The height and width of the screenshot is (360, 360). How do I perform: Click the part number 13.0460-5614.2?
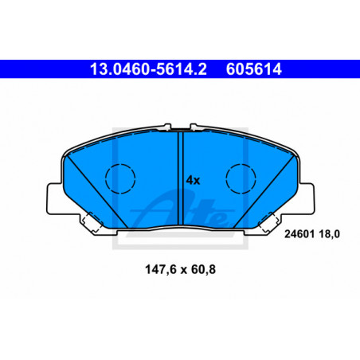coord(148,69)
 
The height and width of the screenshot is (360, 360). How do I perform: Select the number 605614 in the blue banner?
coord(254,69)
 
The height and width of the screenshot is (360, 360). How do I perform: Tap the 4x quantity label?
coord(193,180)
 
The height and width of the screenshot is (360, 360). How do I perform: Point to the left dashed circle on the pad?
coord(120,178)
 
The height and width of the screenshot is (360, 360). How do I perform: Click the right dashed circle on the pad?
coord(241,178)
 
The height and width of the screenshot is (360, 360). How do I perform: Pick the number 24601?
coord(299,234)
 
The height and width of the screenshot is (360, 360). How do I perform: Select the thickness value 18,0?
coord(329,234)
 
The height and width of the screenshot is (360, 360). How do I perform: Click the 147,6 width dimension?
coord(161,270)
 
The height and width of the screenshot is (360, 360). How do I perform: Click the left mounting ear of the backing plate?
coord(55,198)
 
